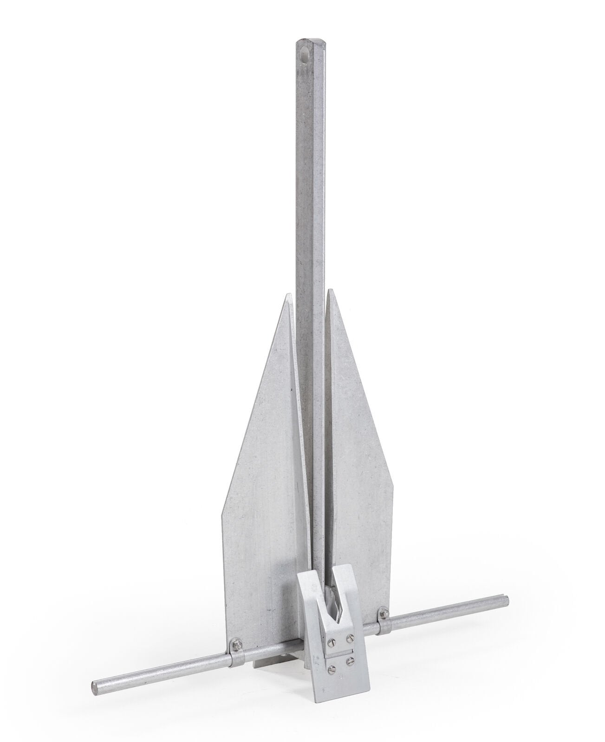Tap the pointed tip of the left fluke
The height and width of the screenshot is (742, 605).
click(x=287, y=294)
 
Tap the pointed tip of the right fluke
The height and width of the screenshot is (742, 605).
click(x=329, y=291)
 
